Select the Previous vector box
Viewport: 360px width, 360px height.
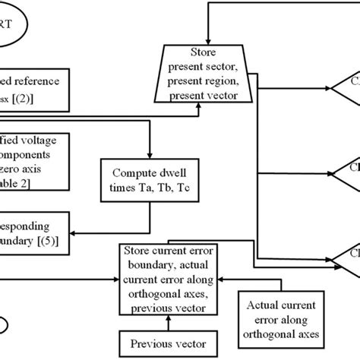[x=160, y=342]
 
